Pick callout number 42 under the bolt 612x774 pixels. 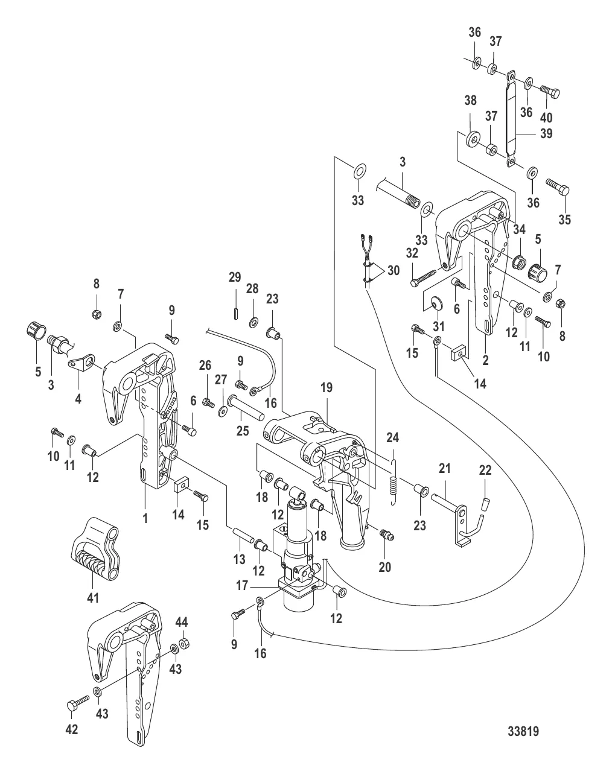click(x=71, y=729)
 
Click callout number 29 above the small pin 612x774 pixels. click(x=235, y=277)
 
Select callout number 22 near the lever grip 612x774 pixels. click(x=486, y=470)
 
